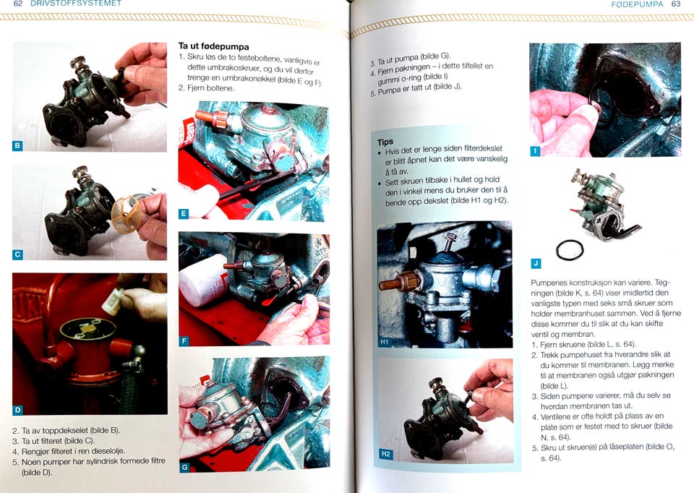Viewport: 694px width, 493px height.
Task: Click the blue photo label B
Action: point(17,145)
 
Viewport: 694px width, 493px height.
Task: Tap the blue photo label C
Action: point(17,254)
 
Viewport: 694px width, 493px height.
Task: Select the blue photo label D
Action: point(17,410)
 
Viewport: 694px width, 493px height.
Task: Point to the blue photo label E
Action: point(184,214)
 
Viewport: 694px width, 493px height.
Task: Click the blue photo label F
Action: point(184,340)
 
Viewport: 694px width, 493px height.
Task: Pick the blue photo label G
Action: point(184,467)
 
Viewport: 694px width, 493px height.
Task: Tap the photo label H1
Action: point(384,342)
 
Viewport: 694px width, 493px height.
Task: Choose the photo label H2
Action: point(385,454)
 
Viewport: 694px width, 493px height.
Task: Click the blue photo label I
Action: point(535,151)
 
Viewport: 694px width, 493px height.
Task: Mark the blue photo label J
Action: point(536,264)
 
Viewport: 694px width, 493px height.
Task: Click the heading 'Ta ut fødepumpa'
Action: point(213,46)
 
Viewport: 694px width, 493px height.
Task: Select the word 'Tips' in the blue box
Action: point(385,142)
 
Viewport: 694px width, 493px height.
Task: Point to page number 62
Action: point(17,4)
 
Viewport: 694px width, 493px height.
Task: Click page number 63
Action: point(676,4)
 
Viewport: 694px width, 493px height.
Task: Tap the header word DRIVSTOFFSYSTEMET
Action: point(76,4)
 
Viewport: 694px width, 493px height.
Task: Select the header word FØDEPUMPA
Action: point(638,4)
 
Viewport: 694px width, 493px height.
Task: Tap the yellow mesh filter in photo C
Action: point(127,214)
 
